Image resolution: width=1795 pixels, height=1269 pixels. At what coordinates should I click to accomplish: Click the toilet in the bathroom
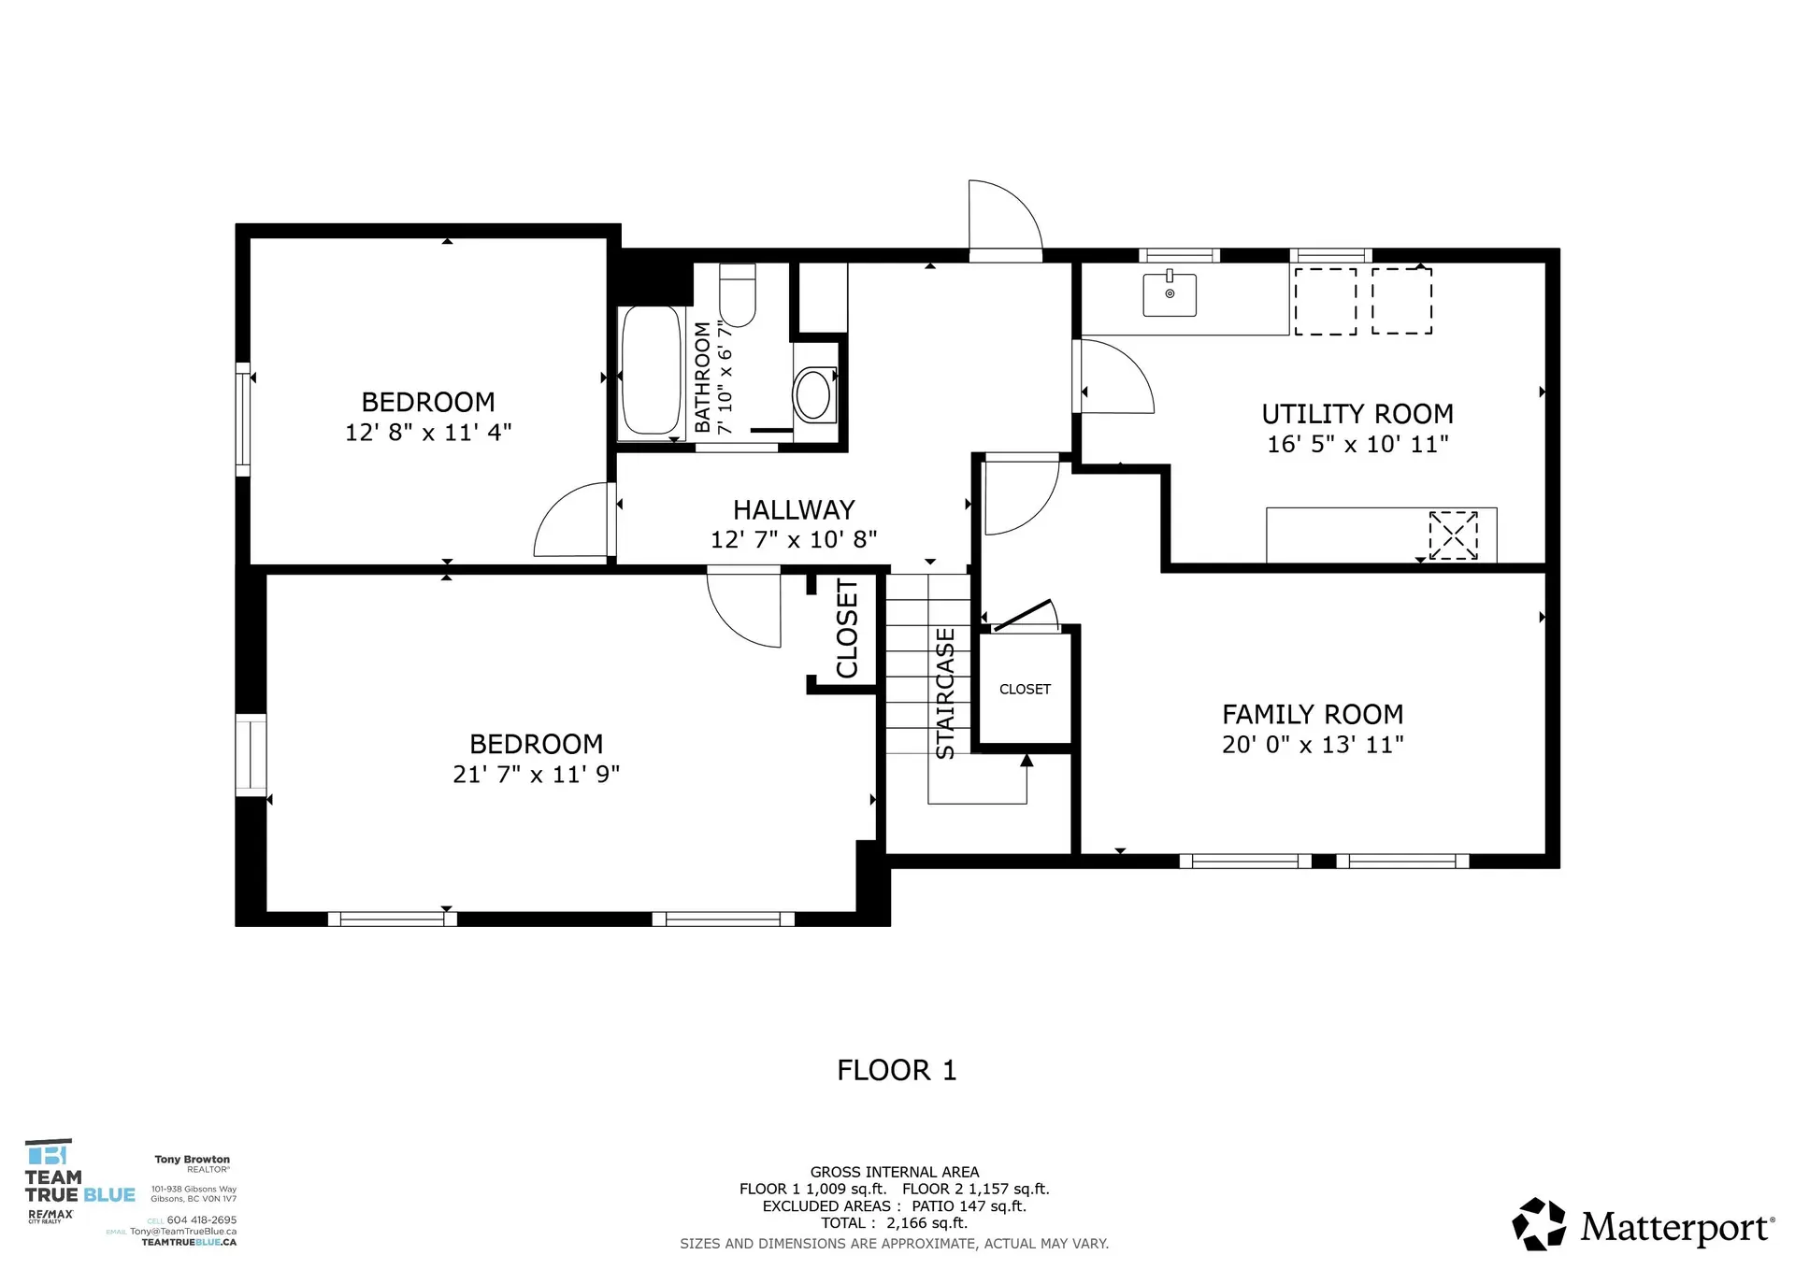click(737, 297)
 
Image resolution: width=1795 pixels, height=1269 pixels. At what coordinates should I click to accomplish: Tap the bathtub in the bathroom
click(652, 371)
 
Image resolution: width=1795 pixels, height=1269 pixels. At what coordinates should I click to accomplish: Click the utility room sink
click(1170, 294)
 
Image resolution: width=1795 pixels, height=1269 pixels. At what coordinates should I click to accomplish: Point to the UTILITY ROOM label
click(1357, 414)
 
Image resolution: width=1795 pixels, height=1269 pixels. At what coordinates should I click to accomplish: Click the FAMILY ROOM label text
click(1312, 715)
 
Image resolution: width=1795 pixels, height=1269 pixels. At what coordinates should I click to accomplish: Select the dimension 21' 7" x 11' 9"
click(536, 775)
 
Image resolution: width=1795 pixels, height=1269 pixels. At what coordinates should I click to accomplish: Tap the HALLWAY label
click(794, 510)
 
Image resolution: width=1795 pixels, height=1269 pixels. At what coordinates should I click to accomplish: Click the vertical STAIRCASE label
click(945, 692)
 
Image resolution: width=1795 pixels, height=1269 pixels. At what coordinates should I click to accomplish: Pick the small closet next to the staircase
click(1025, 690)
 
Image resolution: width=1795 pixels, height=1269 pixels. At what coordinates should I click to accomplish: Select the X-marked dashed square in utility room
click(1453, 535)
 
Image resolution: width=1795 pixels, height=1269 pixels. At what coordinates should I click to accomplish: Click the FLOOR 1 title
click(897, 1071)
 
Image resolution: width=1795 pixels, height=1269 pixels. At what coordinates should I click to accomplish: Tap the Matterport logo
click(1643, 1225)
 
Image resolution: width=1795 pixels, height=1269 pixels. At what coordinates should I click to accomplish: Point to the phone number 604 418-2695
click(201, 1220)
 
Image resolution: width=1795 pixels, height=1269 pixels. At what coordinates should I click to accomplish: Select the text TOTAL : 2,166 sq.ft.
click(894, 1223)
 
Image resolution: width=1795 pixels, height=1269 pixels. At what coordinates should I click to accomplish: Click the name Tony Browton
click(192, 1160)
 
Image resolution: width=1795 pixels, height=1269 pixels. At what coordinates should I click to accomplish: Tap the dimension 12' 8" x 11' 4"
click(428, 433)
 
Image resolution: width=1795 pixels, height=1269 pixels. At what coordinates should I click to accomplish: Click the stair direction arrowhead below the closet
click(1027, 761)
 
